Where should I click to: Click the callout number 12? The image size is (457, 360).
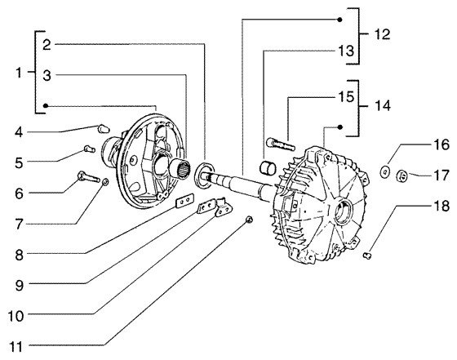coord(382,34)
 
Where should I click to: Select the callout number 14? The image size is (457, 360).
coord(382,105)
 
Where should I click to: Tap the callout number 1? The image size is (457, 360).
coord(19,73)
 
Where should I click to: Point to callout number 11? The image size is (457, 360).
coord(16,347)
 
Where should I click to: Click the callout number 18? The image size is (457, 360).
coord(441,206)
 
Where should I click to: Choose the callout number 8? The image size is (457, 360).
coord(19,255)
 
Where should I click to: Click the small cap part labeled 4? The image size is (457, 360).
coord(103,128)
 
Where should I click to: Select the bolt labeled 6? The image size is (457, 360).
coord(89,176)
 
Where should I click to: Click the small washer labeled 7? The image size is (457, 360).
coord(105,183)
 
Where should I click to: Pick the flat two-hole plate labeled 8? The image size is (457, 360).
coord(184,201)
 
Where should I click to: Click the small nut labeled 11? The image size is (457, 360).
coord(249,220)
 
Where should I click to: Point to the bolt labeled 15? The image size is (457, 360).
coord(281,143)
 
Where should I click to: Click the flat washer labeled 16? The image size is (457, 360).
coord(385,171)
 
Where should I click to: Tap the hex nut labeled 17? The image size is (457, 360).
coord(403,176)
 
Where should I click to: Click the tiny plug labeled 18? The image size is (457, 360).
coord(367,256)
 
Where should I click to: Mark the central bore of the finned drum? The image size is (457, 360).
coord(343,210)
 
